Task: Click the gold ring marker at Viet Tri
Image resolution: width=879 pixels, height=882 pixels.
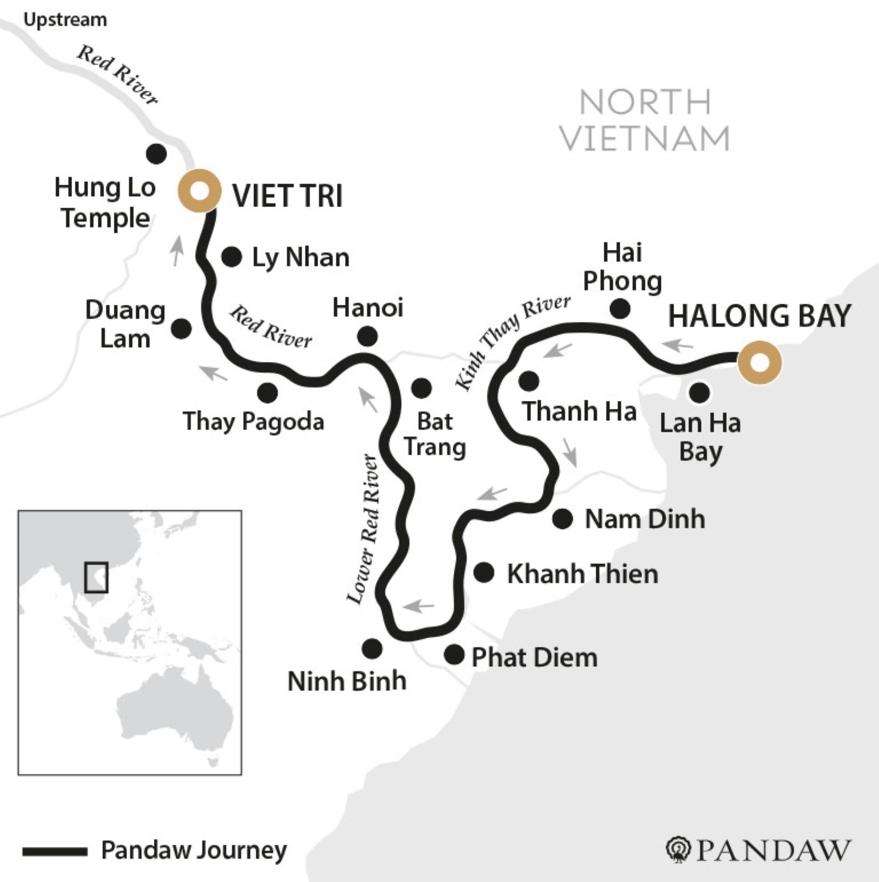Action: pyautogui.click(x=199, y=191)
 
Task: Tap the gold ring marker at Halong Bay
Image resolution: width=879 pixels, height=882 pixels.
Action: pyautogui.click(x=759, y=362)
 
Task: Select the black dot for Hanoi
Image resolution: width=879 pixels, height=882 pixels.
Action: pyautogui.click(x=367, y=336)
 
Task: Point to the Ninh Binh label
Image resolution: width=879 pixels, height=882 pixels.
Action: pyautogui.click(x=347, y=681)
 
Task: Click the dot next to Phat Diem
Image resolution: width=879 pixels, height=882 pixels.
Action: pyautogui.click(x=454, y=654)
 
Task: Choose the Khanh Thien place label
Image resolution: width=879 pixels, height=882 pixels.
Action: pyautogui.click(x=582, y=574)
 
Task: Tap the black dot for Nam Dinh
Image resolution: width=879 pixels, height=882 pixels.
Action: pyautogui.click(x=562, y=518)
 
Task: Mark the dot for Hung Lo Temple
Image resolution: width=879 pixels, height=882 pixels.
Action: pyautogui.click(x=157, y=154)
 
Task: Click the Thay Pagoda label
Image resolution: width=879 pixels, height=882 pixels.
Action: pyautogui.click(x=253, y=422)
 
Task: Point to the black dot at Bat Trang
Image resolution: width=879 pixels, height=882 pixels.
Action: pyautogui.click(x=421, y=388)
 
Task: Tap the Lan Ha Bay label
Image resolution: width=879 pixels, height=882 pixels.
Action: pyautogui.click(x=700, y=437)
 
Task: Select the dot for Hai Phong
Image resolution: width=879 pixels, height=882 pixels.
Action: pyautogui.click(x=620, y=309)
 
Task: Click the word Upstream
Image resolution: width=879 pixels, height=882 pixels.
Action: pyautogui.click(x=65, y=20)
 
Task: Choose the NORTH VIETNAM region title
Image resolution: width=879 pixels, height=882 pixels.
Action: pyautogui.click(x=645, y=120)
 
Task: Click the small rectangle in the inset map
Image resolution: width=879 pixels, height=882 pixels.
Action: pyautogui.click(x=96, y=577)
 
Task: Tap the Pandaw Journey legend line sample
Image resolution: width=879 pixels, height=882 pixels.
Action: pyautogui.click(x=55, y=851)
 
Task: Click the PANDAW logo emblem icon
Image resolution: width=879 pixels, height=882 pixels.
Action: pyautogui.click(x=678, y=850)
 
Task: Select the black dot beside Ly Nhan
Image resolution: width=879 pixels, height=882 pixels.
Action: pyautogui.click(x=231, y=256)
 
